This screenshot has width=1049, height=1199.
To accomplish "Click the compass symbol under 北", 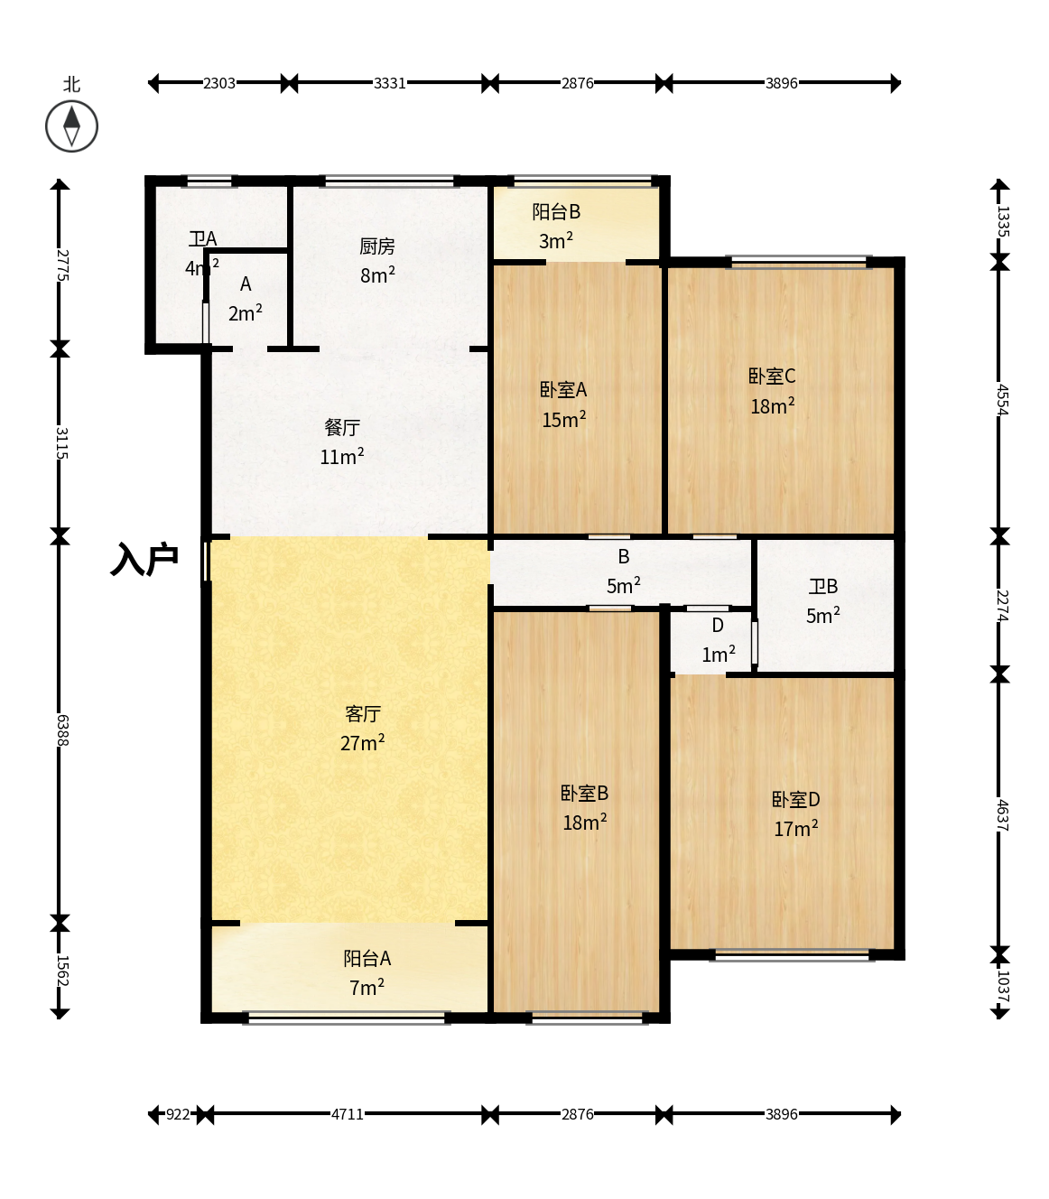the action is click(71, 126).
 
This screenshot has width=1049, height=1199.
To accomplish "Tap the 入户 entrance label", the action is click(144, 560).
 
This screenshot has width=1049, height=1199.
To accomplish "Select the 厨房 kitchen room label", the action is click(376, 246).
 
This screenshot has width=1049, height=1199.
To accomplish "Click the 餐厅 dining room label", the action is click(342, 428).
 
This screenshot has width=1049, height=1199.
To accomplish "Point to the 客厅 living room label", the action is click(363, 714).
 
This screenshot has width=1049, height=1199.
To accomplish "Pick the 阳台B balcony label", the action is click(556, 211).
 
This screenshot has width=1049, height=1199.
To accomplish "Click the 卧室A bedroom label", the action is click(563, 390).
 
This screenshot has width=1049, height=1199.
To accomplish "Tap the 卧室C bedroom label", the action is click(772, 376).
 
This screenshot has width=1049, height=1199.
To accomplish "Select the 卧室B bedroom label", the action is click(584, 794).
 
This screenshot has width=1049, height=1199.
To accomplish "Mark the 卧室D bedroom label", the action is click(795, 799).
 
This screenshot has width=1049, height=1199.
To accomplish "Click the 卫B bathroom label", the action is click(822, 587).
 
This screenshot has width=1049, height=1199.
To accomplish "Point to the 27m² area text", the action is click(362, 743).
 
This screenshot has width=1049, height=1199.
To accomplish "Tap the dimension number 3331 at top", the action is click(390, 83).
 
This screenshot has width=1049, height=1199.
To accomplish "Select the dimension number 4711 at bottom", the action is click(348, 1114).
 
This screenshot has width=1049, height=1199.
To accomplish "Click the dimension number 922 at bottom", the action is click(178, 1114).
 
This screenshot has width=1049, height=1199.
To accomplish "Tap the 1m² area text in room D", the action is click(719, 655).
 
